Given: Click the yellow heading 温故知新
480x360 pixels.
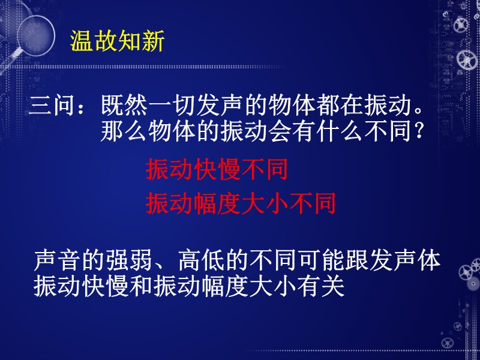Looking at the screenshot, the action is [x=118, y=41].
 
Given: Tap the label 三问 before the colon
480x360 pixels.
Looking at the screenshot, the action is [x=51, y=106].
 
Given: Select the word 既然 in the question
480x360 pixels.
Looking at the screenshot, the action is [x=125, y=106].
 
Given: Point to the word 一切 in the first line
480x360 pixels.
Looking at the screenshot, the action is [x=172, y=106].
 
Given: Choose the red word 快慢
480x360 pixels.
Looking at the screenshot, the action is [x=217, y=169].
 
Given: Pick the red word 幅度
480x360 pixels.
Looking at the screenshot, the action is [x=217, y=203].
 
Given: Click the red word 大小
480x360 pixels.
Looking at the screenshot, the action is [x=265, y=203].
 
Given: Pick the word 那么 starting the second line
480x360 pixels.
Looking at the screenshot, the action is [x=125, y=131].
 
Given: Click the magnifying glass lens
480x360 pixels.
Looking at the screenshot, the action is [x=37, y=35].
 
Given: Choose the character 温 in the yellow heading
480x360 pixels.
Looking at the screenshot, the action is [x=82, y=41].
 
